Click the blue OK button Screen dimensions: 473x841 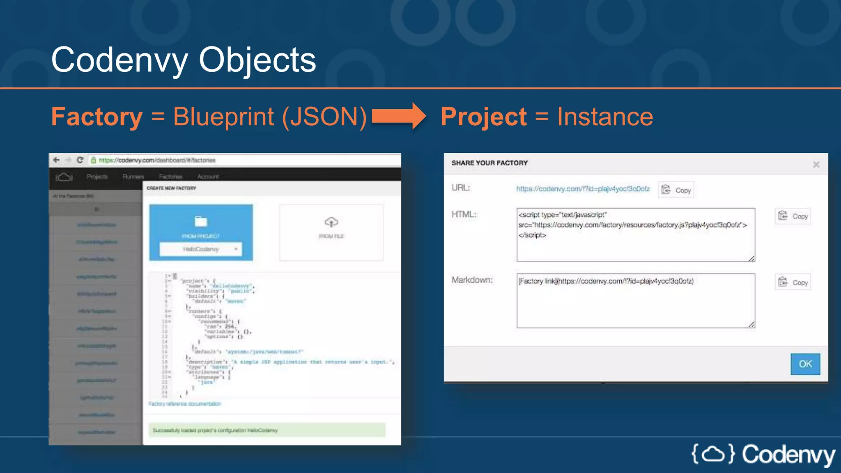click(805, 364)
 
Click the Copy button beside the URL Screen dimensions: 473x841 click(676, 190)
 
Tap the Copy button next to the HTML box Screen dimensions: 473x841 click(793, 216)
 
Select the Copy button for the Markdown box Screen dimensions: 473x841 click(793, 282)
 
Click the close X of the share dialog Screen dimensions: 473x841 click(816, 165)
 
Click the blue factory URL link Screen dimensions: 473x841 click(583, 189)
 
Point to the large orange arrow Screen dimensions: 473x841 click(398, 116)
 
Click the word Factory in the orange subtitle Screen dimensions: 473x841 click(97, 117)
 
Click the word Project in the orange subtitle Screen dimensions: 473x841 click(483, 117)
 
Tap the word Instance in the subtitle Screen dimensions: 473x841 click(605, 117)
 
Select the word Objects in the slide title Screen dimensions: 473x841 click(257, 60)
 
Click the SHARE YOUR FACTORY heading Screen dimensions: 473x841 click(489, 163)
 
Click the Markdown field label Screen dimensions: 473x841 click(472, 280)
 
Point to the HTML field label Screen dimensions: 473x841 click(464, 214)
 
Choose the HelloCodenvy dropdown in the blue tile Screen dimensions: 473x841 click(201, 249)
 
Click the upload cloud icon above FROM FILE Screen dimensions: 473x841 click(331, 222)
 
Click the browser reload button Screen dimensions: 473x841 click(80, 160)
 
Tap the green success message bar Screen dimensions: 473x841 click(267, 430)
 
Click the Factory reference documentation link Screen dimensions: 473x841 click(184, 404)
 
